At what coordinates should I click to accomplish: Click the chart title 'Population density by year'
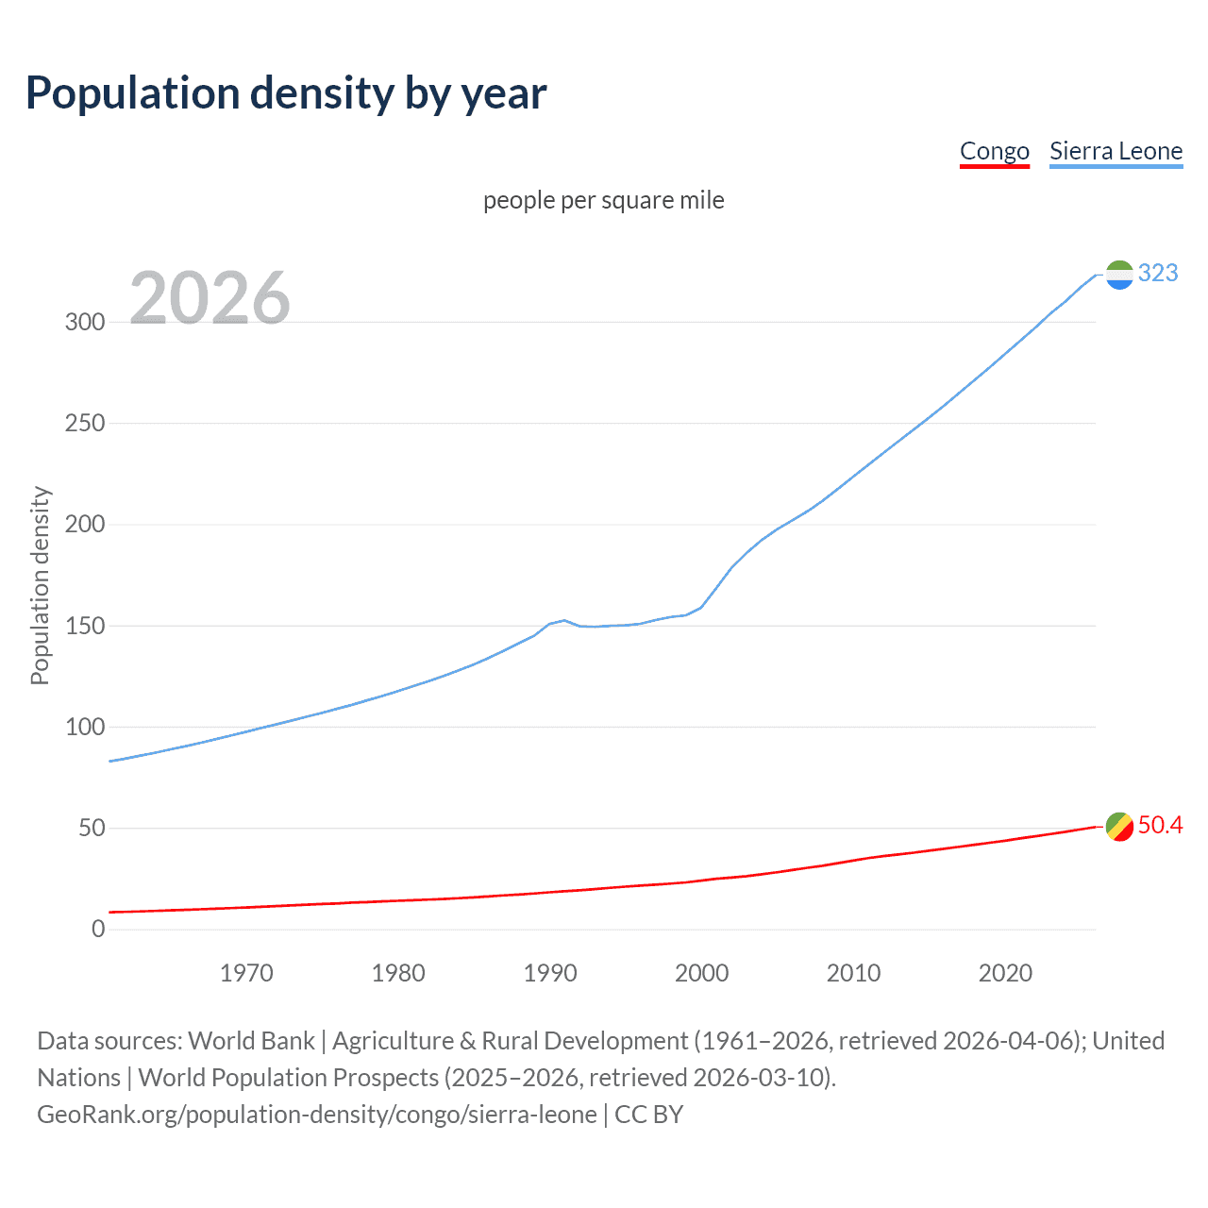[x=286, y=93]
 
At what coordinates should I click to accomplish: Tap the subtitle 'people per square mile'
[x=603, y=200]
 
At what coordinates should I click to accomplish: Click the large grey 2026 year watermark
[x=210, y=297]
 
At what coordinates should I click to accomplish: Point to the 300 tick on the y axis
[x=85, y=322]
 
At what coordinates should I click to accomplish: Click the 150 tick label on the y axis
[x=85, y=626]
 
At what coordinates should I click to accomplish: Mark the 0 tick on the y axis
[x=98, y=929]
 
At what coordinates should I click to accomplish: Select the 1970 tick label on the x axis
[x=246, y=973]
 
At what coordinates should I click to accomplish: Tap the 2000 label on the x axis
[x=701, y=973]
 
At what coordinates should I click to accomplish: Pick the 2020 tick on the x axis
[x=1005, y=973]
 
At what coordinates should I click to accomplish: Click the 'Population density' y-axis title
[x=40, y=585]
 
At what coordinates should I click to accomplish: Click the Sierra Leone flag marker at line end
[x=1119, y=275]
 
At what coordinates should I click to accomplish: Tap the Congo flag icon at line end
[x=1119, y=826]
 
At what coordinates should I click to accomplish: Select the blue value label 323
[x=1158, y=273]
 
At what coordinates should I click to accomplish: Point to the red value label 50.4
[x=1160, y=825]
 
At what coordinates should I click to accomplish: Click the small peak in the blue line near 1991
[x=563, y=621]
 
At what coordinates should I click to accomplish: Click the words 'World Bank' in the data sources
[x=251, y=1041]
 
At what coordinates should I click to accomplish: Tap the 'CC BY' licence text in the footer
[x=648, y=1115]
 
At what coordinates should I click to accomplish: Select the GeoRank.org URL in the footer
[x=316, y=1115]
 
